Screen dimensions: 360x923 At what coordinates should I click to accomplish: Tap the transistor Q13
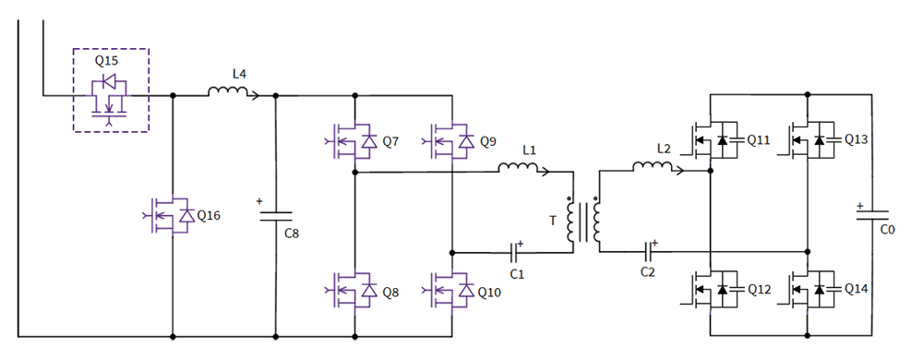pyautogui.click(x=810, y=140)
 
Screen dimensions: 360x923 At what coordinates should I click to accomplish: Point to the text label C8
pyautogui.click(x=291, y=234)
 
